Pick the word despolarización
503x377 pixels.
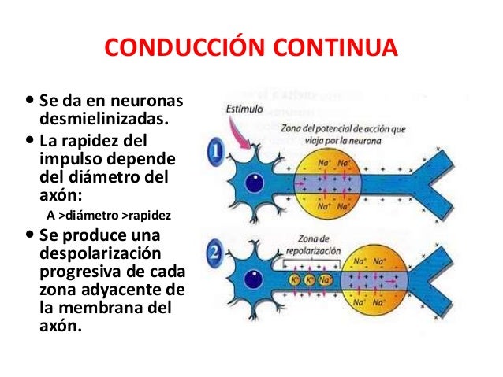click(99, 255)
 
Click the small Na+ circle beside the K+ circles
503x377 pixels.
click(325, 279)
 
